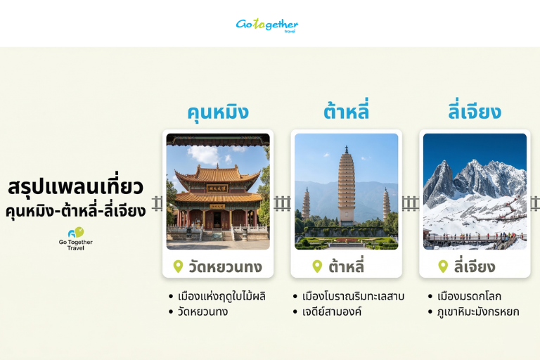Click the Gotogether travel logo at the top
point(267,25)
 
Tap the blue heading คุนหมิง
point(217,112)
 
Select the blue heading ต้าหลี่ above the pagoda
point(346,112)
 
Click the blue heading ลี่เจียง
point(475,112)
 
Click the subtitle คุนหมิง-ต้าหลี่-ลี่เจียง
point(76,210)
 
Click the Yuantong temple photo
point(217,191)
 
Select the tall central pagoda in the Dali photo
point(346,186)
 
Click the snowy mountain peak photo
point(475,191)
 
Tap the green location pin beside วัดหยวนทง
point(178,266)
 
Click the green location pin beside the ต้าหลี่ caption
point(317,266)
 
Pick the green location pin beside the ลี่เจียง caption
point(443,266)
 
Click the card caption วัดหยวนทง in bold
point(224,267)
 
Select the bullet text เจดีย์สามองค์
point(331,311)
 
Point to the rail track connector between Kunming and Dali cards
point(282,204)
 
